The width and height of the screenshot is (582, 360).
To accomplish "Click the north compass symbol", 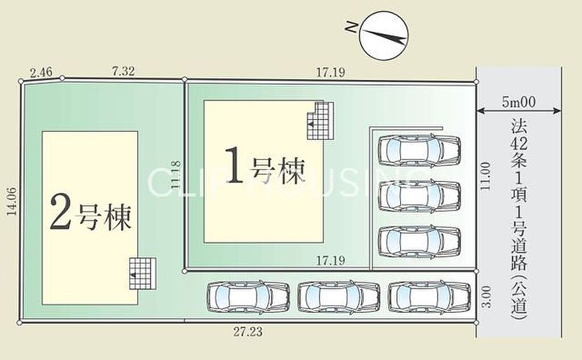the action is tap(384, 36).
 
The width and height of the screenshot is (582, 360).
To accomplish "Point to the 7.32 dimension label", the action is tap(123, 71).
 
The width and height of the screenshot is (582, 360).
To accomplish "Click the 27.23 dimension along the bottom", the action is tap(248, 332).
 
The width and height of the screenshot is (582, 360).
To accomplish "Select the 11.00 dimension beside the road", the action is tap(485, 176).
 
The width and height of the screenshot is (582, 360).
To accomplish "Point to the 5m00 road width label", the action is tap(518, 102).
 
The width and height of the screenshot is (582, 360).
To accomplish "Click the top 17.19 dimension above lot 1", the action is tap(330, 72).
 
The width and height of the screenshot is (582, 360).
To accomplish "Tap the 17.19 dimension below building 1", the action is tap(330, 260).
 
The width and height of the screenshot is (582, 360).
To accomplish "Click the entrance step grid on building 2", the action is tap(143, 273).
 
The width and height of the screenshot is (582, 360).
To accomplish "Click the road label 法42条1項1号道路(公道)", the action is tap(519, 220).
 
